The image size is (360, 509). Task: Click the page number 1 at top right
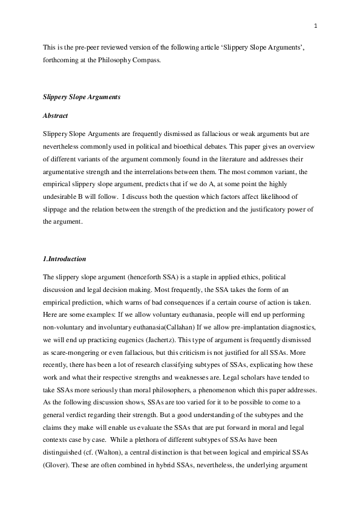coord(316,25)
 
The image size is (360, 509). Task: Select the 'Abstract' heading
coord(55,115)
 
